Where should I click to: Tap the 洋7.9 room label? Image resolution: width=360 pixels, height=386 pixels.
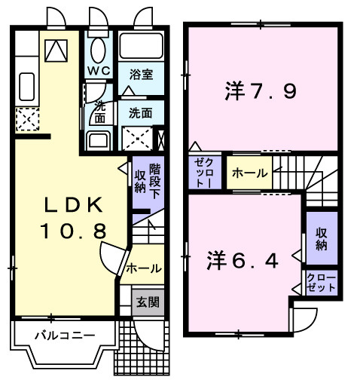point(260,92)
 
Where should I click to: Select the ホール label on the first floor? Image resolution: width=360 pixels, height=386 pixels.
point(143,268)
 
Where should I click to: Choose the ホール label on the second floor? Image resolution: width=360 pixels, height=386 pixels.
point(249,173)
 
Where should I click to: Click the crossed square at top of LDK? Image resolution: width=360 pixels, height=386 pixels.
point(54,50)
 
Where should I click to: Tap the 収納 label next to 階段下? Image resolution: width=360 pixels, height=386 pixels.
point(140,181)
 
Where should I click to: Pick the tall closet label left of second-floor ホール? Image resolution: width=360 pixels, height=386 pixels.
point(204,173)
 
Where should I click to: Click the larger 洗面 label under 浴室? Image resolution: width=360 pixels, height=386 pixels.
point(140,113)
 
